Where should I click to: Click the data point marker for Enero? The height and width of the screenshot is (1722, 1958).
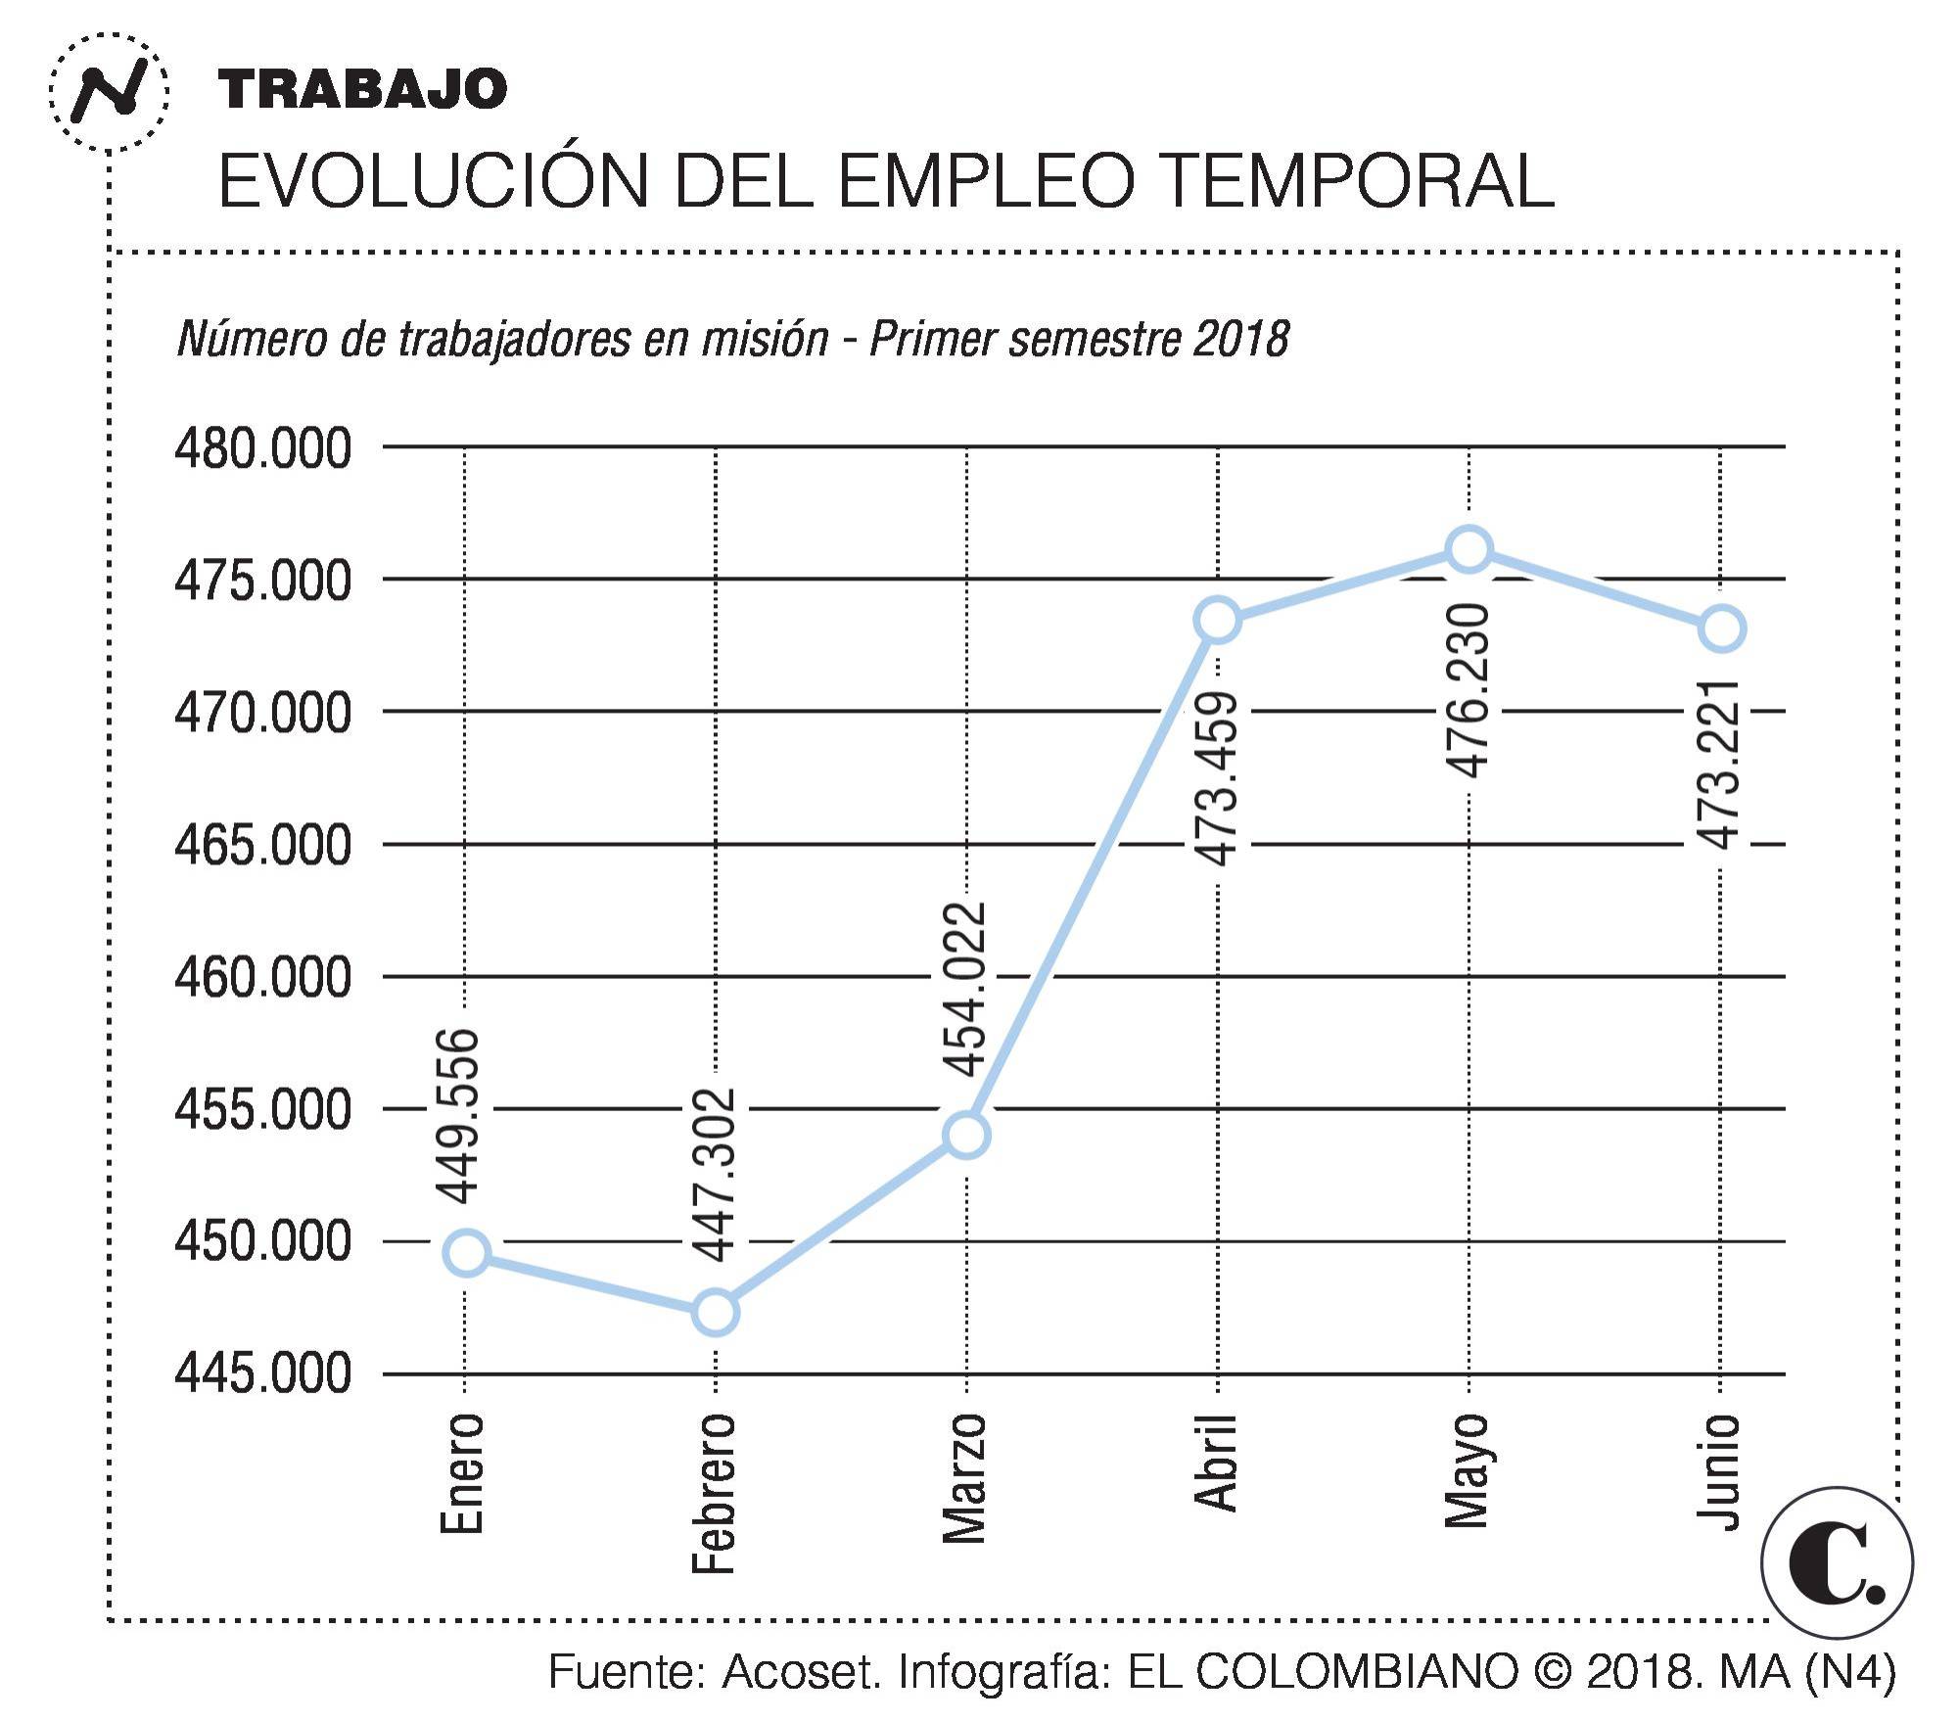click(x=467, y=1253)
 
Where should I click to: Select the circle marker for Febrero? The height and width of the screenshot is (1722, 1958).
click(x=716, y=1312)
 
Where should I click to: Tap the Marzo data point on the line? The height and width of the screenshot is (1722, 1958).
click(x=966, y=1135)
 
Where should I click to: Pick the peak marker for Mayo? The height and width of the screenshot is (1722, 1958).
click(x=1469, y=548)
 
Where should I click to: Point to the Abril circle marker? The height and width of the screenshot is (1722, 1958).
click(x=1218, y=620)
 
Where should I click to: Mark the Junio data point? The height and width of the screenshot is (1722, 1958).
click(x=1722, y=628)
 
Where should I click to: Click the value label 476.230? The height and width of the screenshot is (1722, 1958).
click(x=1470, y=690)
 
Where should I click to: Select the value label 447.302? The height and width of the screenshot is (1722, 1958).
click(x=715, y=1174)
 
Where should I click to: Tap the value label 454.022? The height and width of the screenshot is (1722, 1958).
click(x=965, y=989)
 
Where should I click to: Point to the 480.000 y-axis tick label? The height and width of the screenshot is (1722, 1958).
click(x=262, y=449)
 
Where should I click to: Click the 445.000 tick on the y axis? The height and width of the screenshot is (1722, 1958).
click(x=262, y=1373)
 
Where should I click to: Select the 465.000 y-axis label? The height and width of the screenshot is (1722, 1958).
click(x=262, y=844)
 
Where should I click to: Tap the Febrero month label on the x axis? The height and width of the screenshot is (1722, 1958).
click(x=714, y=1493)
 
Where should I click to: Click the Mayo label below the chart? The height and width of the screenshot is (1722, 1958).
click(x=1468, y=1471)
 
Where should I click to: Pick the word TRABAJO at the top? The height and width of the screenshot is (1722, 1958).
click(x=362, y=89)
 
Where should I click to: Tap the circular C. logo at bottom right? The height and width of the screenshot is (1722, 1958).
click(x=1837, y=1562)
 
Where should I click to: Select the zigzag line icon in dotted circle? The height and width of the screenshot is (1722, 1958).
click(x=110, y=93)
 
